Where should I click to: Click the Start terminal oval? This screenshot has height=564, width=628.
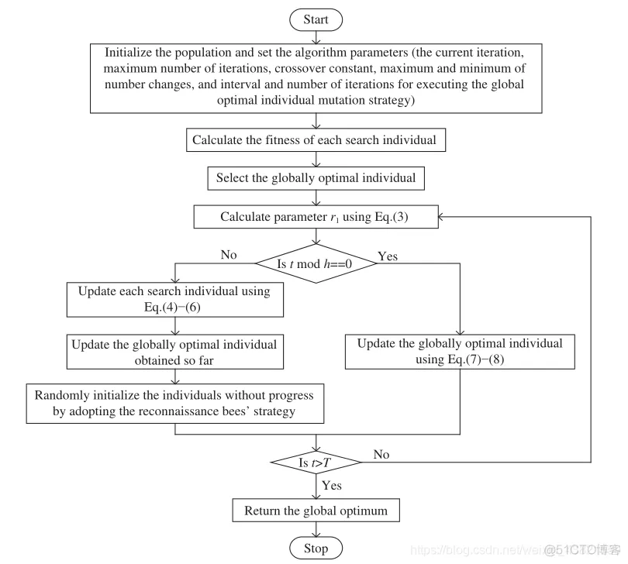tap(315, 19)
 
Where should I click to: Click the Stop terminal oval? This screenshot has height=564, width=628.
tap(316, 549)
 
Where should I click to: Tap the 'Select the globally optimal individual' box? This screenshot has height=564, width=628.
tap(316, 178)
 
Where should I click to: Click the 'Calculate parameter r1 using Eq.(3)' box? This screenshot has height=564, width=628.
tap(316, 217)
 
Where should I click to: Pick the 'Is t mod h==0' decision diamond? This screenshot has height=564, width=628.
tap(315, 263)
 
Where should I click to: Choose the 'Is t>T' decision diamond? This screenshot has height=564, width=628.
tap(316, 463)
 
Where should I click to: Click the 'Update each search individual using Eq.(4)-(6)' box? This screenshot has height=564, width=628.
tap(174, 300)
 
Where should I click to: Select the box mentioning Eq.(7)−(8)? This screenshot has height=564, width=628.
tap(460, 352)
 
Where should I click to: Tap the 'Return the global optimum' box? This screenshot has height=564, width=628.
tap(316, 511)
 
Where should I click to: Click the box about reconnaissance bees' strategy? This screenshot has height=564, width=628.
tap(174, 403)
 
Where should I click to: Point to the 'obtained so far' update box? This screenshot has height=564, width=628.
tap(174, 352)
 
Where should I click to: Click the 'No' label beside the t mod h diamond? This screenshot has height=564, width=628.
tap(228, 255)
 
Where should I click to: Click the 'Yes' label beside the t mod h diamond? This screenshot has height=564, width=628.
tap(387, 256)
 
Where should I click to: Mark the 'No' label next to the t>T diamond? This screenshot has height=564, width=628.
tap(381, 455)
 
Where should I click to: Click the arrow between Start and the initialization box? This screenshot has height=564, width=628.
tap(316, 36)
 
